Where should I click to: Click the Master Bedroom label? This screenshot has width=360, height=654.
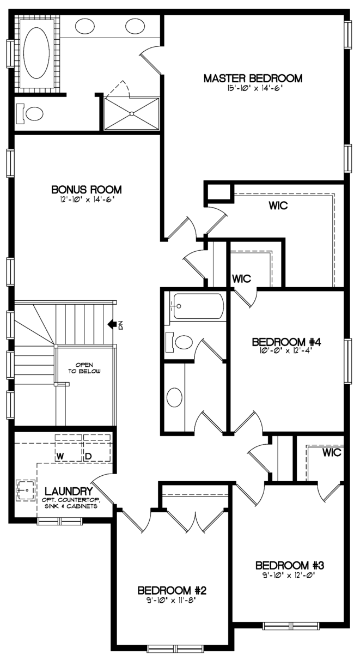pos(253,78)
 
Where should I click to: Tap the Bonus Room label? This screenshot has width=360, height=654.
pos(86,190)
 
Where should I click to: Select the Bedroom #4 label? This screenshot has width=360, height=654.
pos(285,342)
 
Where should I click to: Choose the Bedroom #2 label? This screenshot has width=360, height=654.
pos(172,590)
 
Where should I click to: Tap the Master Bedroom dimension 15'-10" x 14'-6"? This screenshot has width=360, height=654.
pos(253,89)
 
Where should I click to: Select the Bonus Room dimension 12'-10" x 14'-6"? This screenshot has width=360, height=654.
pos(87,199)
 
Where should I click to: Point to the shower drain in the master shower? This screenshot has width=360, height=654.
pos(131,113)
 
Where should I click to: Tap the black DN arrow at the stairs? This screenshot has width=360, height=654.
pos(113,325)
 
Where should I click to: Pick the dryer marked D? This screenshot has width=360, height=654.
pos(87,455)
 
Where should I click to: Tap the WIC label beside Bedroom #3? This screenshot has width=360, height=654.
pos(331,453)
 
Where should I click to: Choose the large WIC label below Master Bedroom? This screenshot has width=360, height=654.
pos(278,207)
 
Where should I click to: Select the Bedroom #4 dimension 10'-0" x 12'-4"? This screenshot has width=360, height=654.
pos(285,352)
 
